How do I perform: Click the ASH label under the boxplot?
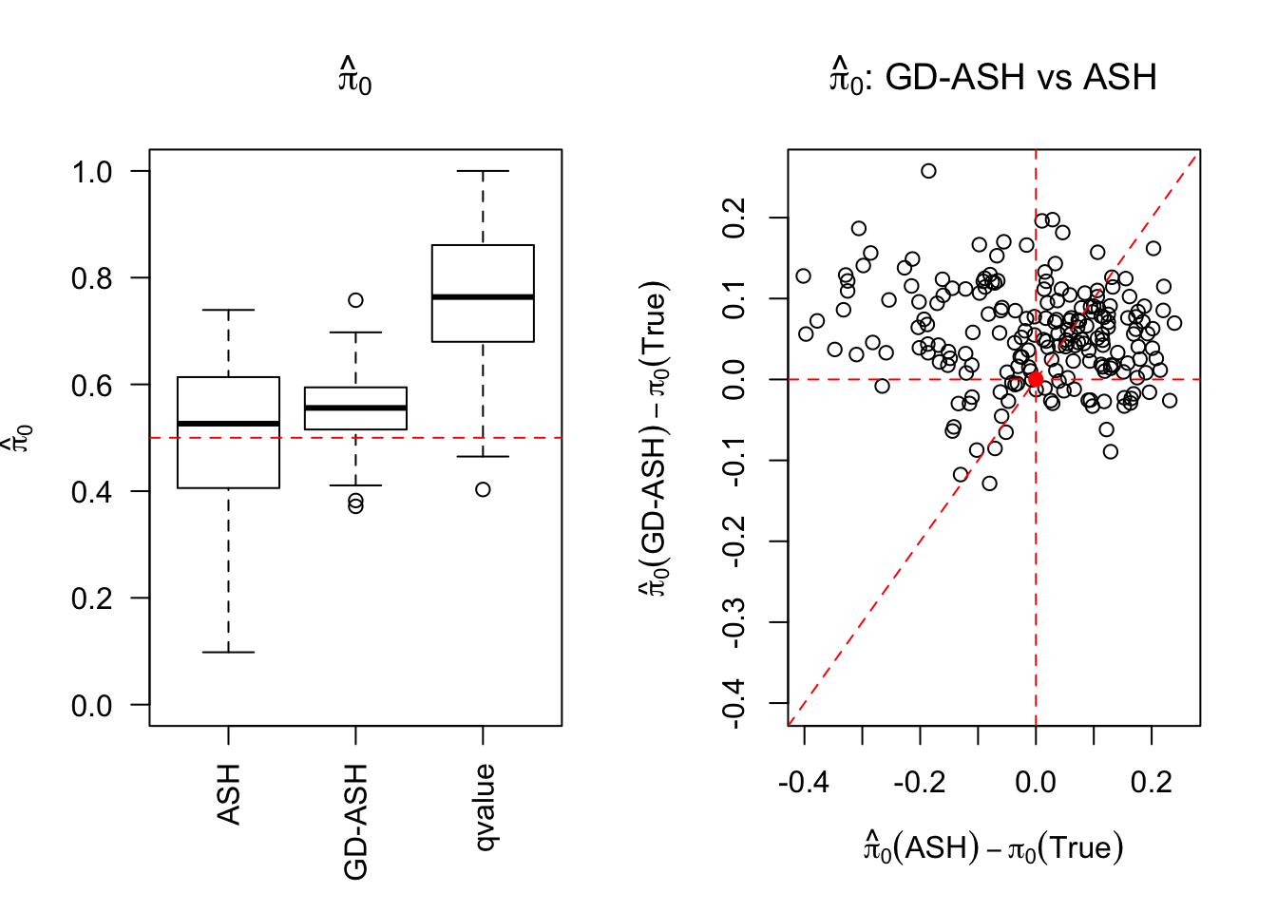[x=228, y=794]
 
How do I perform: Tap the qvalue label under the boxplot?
[x=484, y=807]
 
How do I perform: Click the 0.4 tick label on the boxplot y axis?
[x=92, y=492]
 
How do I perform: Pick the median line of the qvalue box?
[x=483, y=297]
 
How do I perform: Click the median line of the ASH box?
[x=228, y=423]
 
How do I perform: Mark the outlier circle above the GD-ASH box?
[x=355, y=300]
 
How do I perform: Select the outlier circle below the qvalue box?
[x=483, y=489]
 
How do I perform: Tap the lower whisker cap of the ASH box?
[x=228, y=653]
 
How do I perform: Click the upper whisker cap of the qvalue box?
[x=483, y=171]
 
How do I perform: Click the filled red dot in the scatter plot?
[x=1036, y=379]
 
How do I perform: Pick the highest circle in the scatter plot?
[x=928, y=171]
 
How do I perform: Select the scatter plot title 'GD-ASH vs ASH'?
[x=993, y=77]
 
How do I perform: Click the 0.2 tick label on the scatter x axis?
[x=1152, y=783]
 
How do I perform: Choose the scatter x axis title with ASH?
[x=993, y=846]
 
